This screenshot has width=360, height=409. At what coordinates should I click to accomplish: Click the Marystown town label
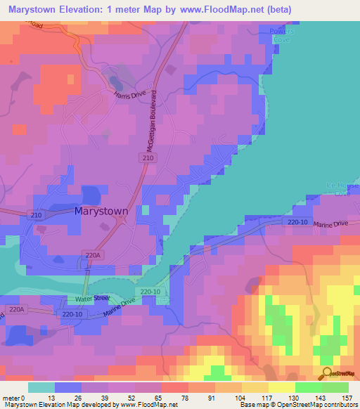101,211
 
